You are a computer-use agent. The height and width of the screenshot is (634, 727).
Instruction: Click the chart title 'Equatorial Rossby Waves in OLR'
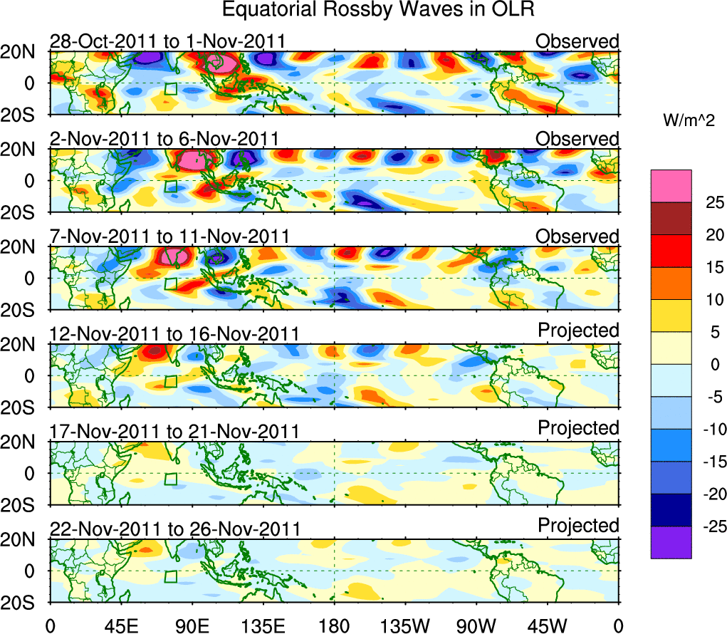378,10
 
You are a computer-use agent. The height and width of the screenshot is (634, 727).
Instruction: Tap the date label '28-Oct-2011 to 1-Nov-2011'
167,41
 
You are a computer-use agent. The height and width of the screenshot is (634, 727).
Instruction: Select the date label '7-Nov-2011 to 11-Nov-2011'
169,237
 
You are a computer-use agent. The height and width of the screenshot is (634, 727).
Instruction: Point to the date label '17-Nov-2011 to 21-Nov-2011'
174,432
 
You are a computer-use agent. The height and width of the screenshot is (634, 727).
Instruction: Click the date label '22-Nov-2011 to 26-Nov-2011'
174,529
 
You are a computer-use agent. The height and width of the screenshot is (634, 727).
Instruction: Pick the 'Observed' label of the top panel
577,41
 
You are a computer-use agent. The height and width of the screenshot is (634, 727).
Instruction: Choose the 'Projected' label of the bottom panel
578,526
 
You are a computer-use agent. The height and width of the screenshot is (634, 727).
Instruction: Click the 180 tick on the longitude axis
334,626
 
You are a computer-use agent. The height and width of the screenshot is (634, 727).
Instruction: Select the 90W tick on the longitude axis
476,626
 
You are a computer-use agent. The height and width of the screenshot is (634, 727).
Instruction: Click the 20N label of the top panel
23,52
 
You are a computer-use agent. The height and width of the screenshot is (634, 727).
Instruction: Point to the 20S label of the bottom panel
23,603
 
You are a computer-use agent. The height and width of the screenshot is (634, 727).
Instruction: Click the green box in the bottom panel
170,577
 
